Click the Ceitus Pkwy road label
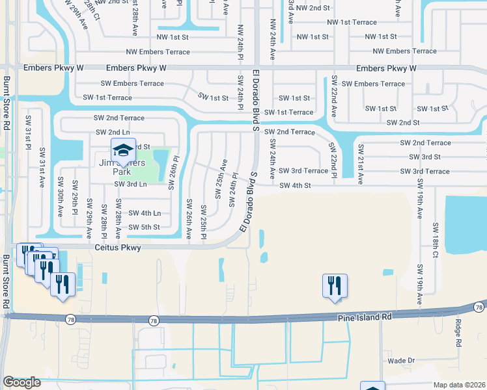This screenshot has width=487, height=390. point(118,247)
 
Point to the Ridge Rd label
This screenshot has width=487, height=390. point(458,332)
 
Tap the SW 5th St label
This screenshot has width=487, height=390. point(144,227)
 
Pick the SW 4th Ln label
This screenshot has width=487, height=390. point(144,213)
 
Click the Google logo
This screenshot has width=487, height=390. point(21,382)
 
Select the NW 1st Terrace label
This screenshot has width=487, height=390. point(352,22)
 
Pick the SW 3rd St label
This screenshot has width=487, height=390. point(424,157)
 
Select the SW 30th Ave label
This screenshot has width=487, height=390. point(59,198)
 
